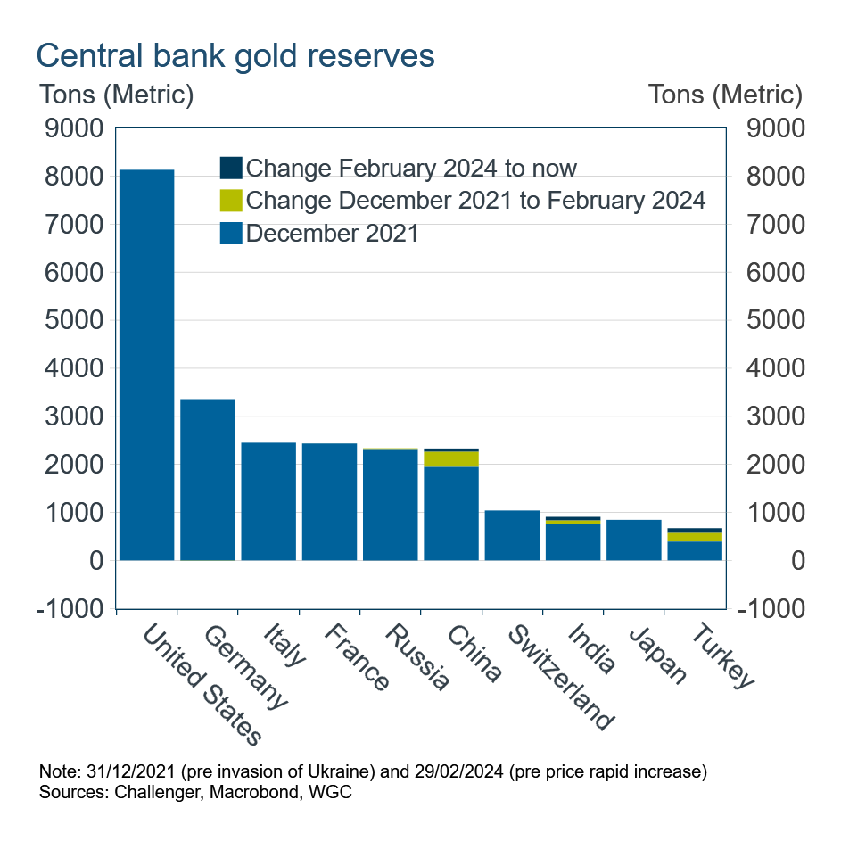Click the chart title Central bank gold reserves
235,55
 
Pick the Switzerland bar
512,535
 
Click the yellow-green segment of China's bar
451,458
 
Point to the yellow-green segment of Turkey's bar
695,537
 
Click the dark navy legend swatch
231,168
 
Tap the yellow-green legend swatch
231,200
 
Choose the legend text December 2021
333,234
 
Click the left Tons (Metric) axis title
115,94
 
